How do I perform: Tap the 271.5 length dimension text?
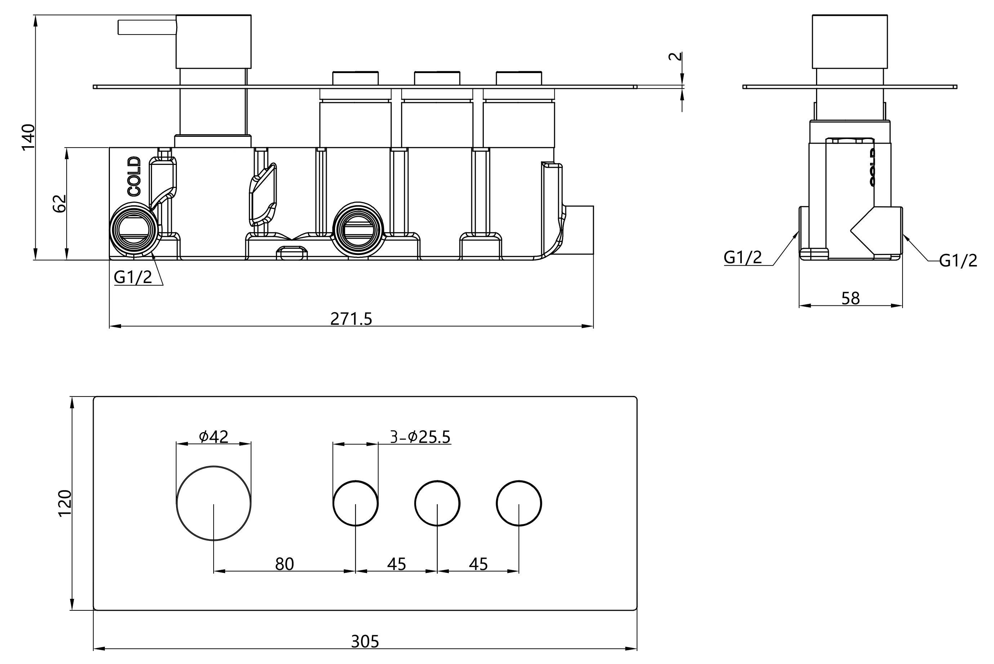click(351, 318)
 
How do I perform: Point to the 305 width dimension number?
click(365, 642)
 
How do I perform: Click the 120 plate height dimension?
click(65, 503)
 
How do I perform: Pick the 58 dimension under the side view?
click(850, 299)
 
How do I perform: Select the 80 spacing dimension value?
click(284, 564)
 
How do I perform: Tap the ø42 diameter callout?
click(214, 436)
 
